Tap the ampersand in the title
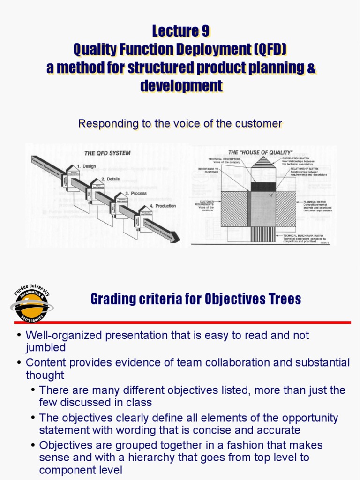311,67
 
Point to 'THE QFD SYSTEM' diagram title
107,153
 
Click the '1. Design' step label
86,166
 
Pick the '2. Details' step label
110,179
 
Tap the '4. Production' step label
163,206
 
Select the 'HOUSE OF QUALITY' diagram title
260,153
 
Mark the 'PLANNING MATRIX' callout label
315,202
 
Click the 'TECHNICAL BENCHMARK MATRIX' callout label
305,235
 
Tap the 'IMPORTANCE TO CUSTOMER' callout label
208,170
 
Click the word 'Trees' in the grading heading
283,299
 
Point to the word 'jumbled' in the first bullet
45,347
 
